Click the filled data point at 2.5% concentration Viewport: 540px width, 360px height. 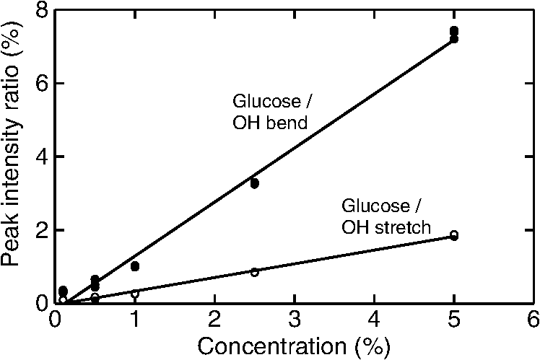[x=254, y=183]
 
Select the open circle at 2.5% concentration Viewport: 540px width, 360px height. [x=254, y=272]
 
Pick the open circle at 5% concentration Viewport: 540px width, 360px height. [x=453, y=235]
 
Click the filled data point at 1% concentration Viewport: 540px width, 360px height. [x=135, y=266]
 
